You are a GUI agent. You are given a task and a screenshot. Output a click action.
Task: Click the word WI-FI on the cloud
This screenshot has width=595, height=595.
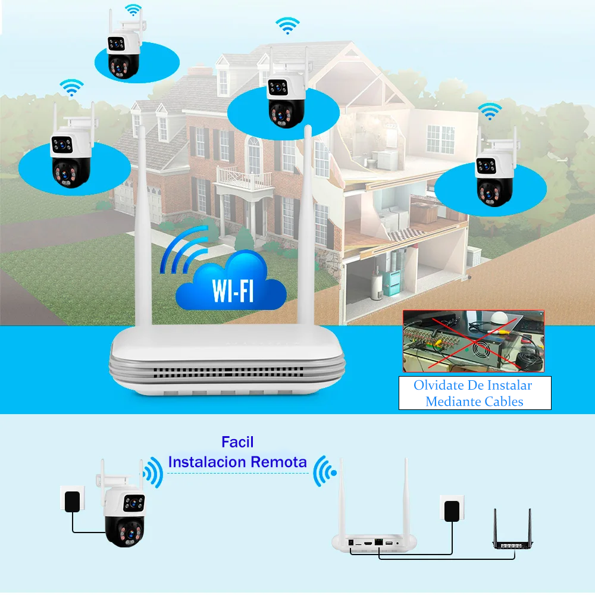(x=233, y=290)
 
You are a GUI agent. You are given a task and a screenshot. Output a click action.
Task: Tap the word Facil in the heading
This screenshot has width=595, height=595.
(x=237, y=442)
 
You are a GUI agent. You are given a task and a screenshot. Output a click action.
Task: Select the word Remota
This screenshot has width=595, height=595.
(x=279, y=462)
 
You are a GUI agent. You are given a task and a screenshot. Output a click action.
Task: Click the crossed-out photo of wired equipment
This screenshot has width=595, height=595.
(x=473, y=341)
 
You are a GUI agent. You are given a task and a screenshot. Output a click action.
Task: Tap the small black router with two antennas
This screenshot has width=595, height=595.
(x=512, y=530)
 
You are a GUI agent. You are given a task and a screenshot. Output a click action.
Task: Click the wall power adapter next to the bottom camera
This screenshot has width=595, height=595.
(x=72, y=500)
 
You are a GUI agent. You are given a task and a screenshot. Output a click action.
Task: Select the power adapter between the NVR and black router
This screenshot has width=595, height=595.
(x=452, y=509)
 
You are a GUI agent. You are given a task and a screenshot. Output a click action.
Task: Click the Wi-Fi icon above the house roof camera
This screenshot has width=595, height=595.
(x=287, y=26)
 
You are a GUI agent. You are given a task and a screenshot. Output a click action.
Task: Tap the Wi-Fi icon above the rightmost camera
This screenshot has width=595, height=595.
(x=490, y=111)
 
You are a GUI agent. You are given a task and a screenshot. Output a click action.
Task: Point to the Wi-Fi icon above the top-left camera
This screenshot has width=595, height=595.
(x=133, y=10)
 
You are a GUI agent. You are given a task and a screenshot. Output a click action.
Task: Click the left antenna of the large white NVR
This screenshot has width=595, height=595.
(x=142, y=228)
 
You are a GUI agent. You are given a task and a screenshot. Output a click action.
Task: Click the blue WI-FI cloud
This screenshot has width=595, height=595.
(x=231, y=281)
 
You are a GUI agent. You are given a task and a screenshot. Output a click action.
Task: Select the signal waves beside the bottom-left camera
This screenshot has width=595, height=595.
(x=154, y=472)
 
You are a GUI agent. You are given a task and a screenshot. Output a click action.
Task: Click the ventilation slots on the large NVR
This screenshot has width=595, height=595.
(x=228, y=372)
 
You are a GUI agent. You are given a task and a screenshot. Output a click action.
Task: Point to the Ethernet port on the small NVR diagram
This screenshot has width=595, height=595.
(x=378, y=541)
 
